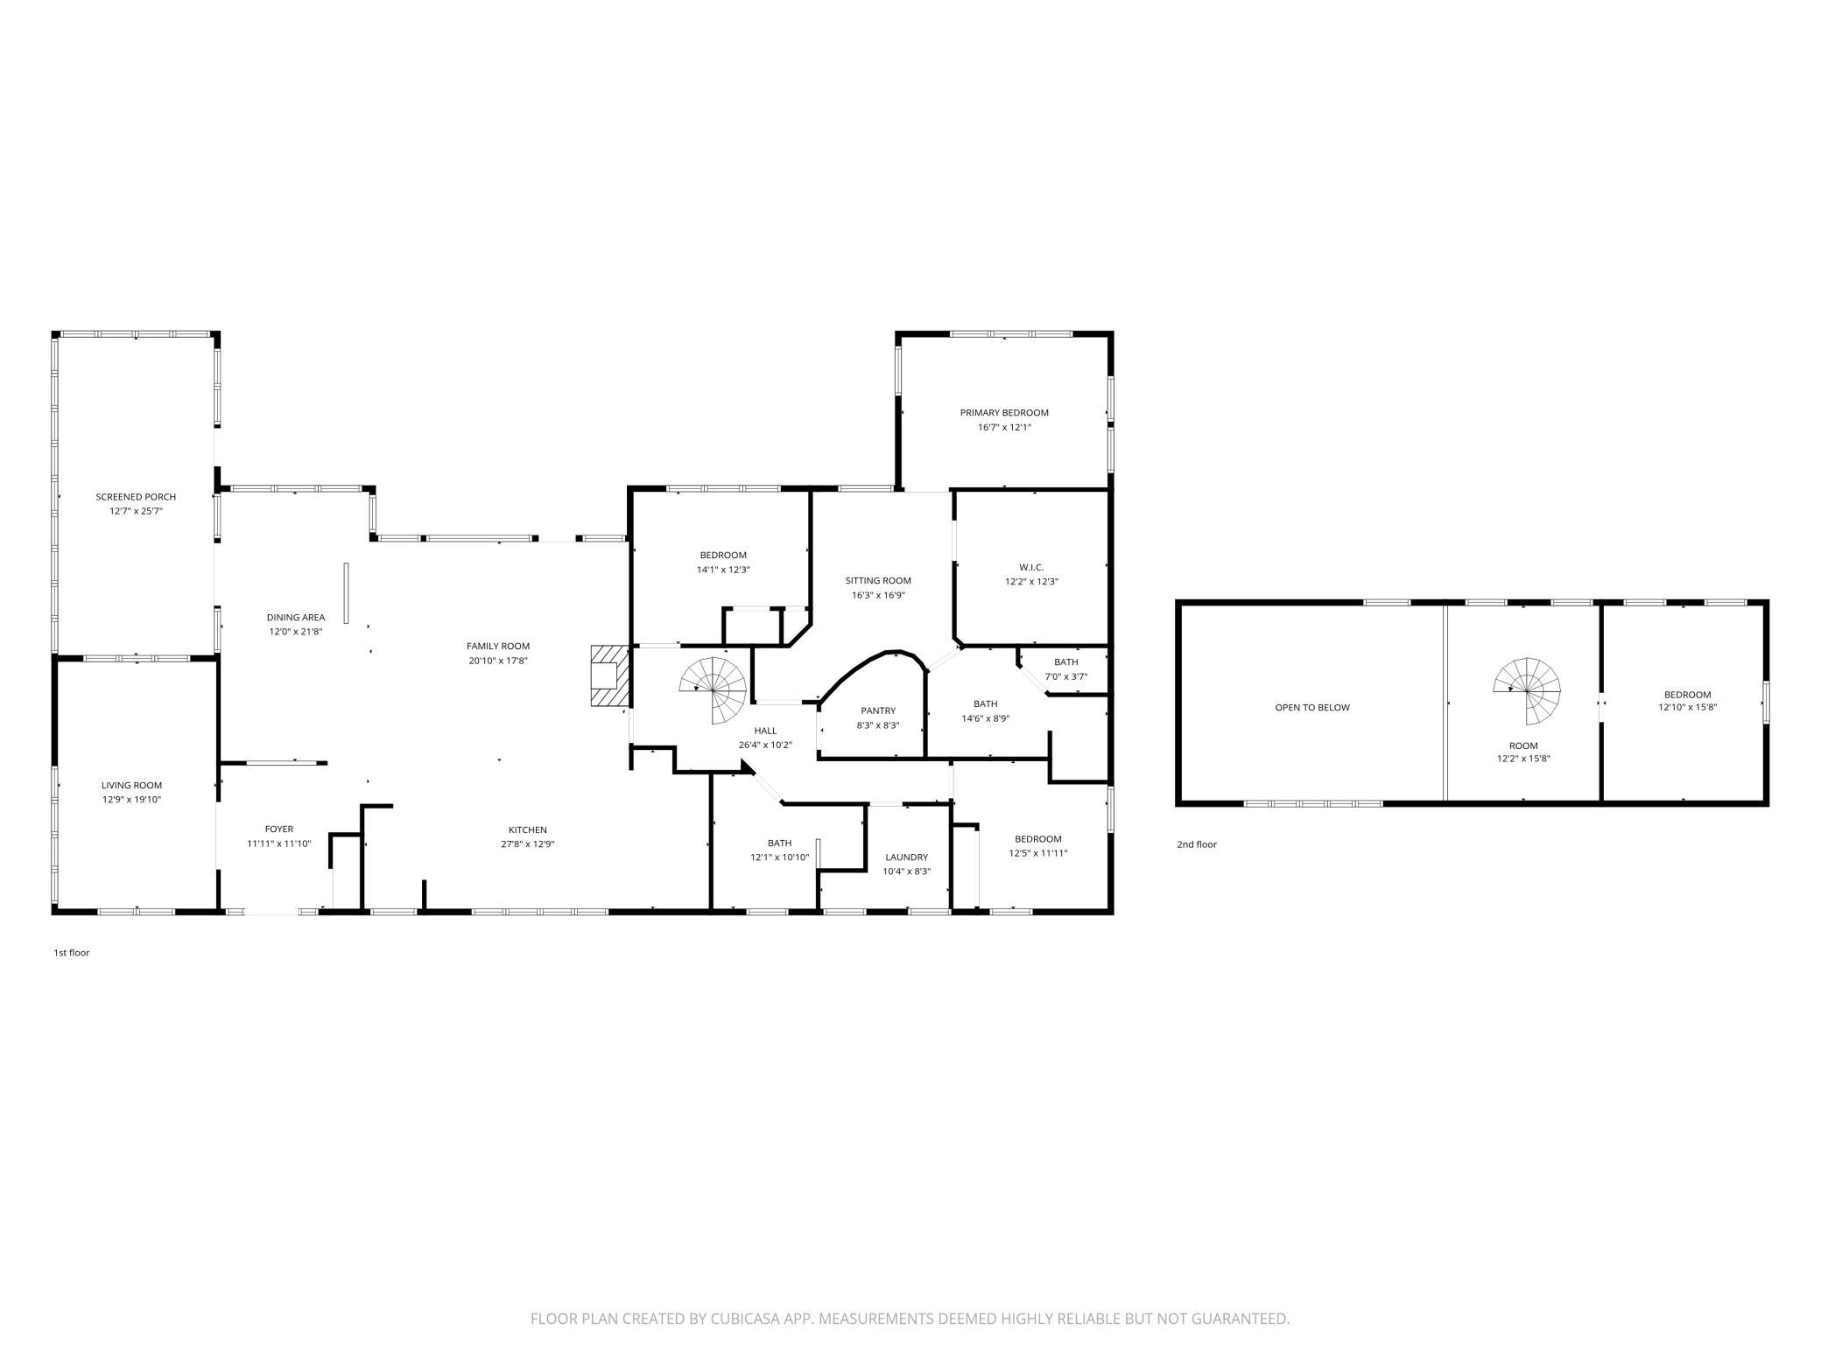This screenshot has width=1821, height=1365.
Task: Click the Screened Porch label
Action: tap(136, 497)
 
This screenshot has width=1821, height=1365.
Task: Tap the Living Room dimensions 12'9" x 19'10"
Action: tap(131, 800)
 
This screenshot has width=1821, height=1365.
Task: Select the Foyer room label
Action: tap(279, 829)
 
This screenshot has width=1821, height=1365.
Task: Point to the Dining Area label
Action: tap(296, 618)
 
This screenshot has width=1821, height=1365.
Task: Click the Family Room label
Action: tap(498, 647)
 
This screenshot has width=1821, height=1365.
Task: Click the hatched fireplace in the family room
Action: tap(610, 675)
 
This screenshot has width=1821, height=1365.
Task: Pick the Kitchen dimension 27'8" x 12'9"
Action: tap(528, 844)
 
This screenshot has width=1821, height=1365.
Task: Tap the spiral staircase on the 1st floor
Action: tap(715, 690)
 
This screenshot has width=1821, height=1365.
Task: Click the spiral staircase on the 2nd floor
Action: tap(1528, 690)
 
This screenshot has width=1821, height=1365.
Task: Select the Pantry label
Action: tap(878, 711)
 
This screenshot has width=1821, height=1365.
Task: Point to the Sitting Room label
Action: tap(878, 581)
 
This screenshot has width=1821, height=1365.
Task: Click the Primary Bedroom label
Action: tap(1004, 413)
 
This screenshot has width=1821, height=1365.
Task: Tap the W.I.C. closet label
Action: tap(1031, 568)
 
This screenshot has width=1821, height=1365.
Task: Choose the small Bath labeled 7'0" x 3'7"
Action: tap(1066, 669)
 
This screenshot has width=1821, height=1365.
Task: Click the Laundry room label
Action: tap(906, 857)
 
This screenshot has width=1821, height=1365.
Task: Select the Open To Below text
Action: tap(1312, 708)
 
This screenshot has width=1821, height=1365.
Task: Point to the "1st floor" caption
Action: tap(72, 953)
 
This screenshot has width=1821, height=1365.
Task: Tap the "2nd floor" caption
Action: tap(1197, 844)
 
